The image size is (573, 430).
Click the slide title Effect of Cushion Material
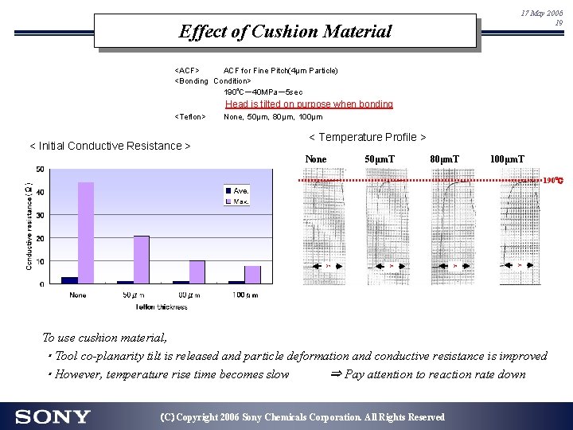(285, 32)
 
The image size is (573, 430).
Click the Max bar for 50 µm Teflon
(141, 260)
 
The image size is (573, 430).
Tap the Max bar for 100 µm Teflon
(252, 275)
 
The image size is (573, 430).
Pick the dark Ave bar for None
(69, 280)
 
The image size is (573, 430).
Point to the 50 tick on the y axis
(40, 169)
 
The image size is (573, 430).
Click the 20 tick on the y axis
(40, 237)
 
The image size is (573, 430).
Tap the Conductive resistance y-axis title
(29, 227)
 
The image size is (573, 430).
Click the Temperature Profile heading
(367, 138)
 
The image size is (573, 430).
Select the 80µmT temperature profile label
(443, 159)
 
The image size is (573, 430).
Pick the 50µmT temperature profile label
(380, 159)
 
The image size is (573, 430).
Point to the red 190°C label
(553, 181)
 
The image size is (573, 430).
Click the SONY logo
(53, 416)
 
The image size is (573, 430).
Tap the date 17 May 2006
(541, 14)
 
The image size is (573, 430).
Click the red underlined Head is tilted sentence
(309, 104)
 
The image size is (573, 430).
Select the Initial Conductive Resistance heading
(110, 146)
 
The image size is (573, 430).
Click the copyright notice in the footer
(302, 417)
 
